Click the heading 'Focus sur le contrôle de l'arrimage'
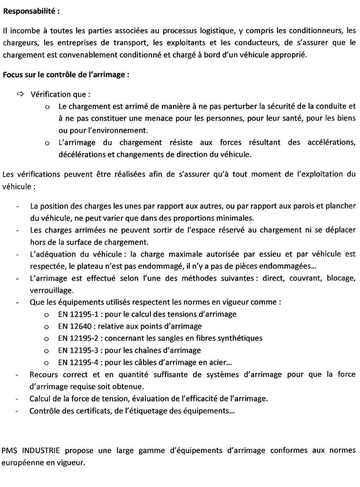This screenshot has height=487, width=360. click(66, 75)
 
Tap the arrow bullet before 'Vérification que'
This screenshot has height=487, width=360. click(20, 94)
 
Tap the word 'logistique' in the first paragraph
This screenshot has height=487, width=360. click(217, 30)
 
